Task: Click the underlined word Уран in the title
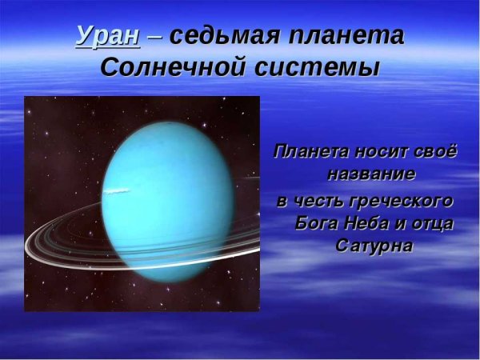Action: click(x=107, y=37)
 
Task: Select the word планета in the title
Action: click(x=346, y=37)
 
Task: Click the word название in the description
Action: click(x=370, y=174)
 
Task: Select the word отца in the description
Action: click(x=435, y=223)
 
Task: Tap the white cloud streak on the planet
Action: click(x=117, y=190)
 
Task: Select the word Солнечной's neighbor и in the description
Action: click(x=404, y=223)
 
